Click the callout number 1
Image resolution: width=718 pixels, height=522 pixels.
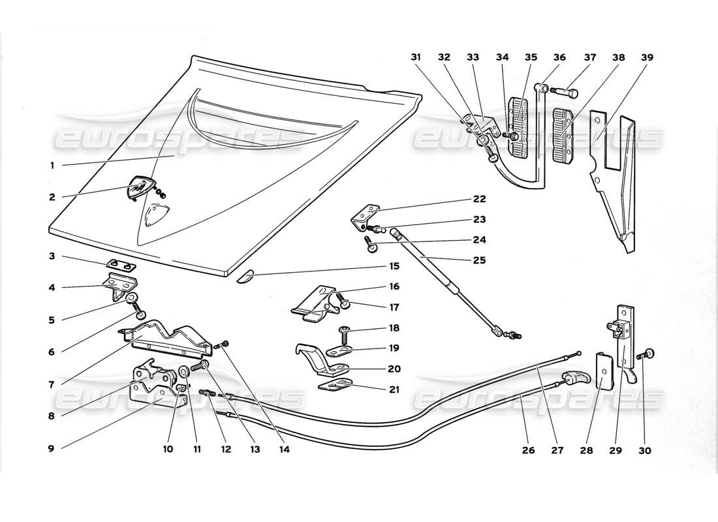coord(52,166)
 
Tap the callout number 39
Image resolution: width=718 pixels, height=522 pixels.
coord(647,57)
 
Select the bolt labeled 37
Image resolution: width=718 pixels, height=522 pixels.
coord(566,93)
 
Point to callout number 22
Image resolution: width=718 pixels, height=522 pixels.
coord(480,199)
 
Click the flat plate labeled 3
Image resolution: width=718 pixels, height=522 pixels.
coord(121,265)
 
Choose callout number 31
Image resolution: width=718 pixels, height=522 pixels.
coord(416,57)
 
